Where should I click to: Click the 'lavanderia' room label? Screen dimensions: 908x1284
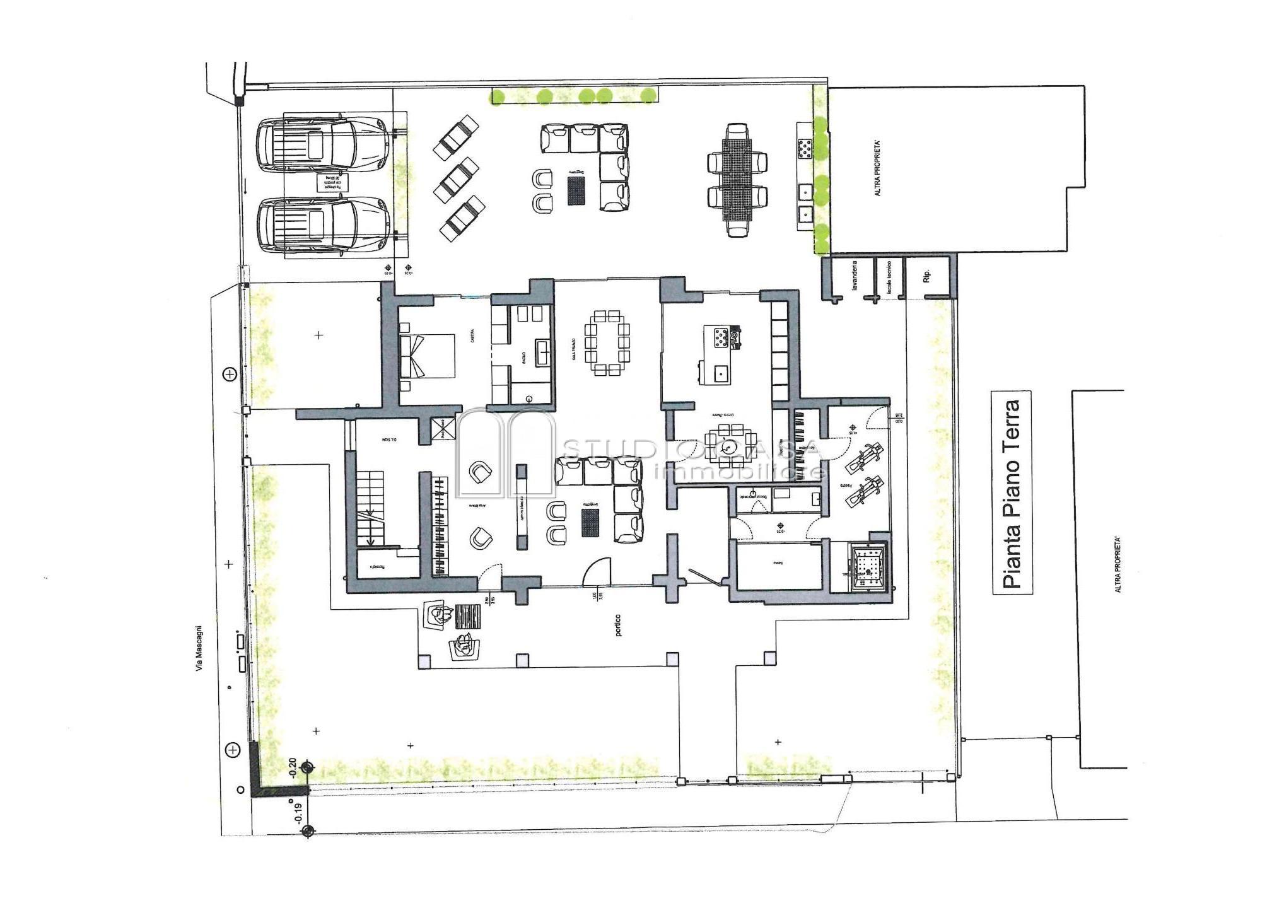click(x=855, y=275)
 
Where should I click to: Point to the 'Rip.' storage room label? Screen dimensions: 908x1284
click(x=926, y=276)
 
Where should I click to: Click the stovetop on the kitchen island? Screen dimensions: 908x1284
click(x=720, y=337)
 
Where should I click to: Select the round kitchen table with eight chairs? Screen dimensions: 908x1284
click(x=730, y=445)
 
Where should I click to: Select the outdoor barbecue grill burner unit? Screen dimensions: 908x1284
click(x=805, y=150)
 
